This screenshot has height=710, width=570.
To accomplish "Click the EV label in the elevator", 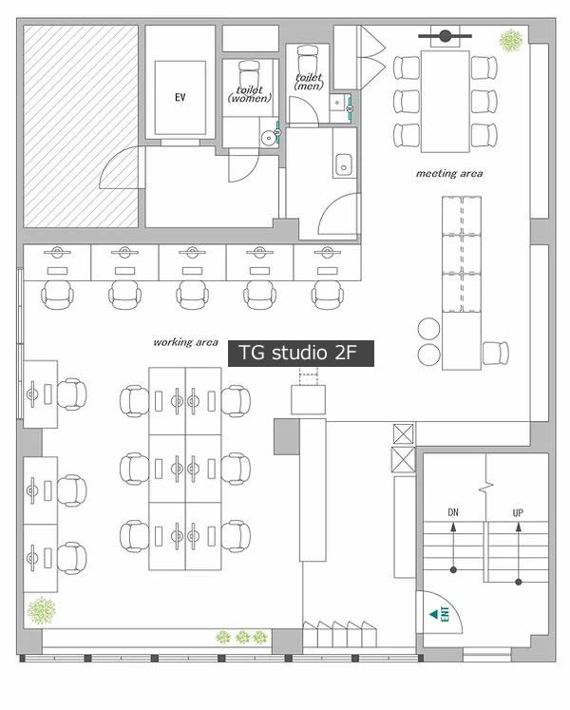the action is (180, 97).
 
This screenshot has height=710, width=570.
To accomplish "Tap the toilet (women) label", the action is (250, 94).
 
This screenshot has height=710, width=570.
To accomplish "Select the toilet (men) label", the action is (309, 81).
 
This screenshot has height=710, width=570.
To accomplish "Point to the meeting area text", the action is (449, 173).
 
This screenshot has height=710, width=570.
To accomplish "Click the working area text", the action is (185, 342).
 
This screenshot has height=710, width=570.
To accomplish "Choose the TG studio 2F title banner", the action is (300, 354).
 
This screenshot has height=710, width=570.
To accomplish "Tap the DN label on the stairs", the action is (453, 512).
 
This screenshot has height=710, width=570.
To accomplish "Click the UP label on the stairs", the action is (518, 512).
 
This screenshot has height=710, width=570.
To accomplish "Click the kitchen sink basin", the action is (344, 164).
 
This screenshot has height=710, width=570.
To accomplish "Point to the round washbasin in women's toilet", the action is (269, 136).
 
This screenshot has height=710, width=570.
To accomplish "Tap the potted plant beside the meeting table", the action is (511, 40).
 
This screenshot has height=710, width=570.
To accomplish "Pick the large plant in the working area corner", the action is (42, 610).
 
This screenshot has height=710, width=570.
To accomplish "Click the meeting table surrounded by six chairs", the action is (445, 101).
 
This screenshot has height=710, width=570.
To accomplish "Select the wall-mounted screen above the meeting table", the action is (446, 36).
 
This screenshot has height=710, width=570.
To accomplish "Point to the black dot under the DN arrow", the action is (453, 569).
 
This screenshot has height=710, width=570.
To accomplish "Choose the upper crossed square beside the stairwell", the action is (404, 434).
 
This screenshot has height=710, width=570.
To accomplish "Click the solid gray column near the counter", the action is (286, 436).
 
